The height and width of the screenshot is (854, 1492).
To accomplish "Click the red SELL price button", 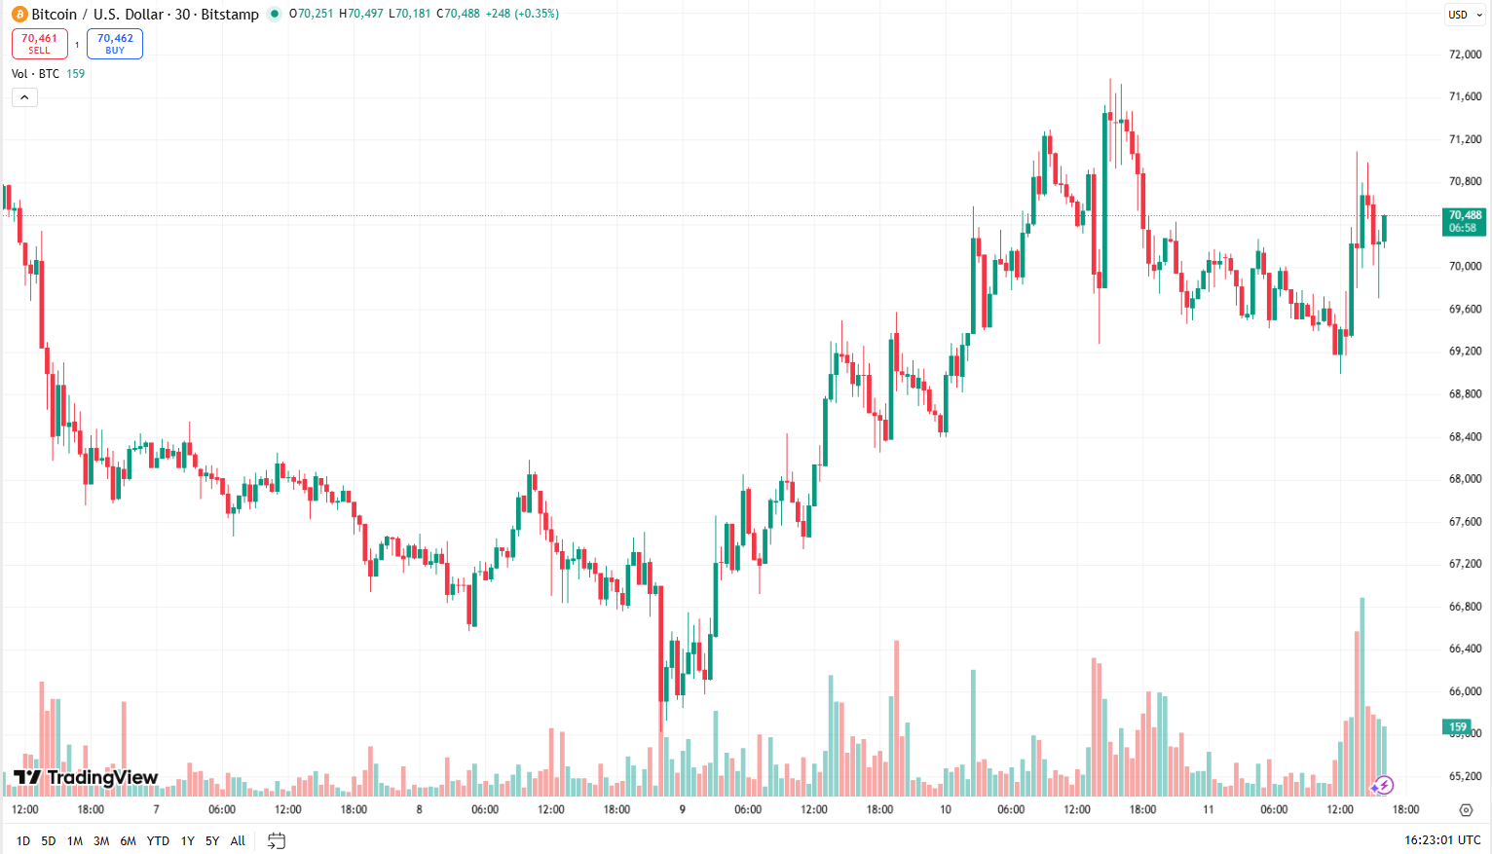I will coord(39,44).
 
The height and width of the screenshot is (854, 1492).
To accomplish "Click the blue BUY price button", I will coord(115,44).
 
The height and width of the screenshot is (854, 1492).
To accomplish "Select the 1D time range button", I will coord(23,840).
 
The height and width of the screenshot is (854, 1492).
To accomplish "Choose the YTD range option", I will coord(158,840).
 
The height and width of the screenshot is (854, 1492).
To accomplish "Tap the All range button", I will coord(238,840).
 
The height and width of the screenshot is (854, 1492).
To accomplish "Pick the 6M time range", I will coord(128,840).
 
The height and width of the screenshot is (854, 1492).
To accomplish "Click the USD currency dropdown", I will coord(1463,15).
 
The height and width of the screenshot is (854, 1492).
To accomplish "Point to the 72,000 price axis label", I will coord(1465,55).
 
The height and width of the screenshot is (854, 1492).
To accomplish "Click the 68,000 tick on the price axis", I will coord(1465,479).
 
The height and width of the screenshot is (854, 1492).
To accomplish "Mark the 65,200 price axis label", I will coord(1465,776).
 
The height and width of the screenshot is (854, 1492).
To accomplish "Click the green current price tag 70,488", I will coord(1464,221).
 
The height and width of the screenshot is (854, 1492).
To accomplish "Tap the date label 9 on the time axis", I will coord(682,809).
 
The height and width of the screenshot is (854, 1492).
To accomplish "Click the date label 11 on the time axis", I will coord(1208,809).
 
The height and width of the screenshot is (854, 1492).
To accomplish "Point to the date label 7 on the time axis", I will coord(156,809).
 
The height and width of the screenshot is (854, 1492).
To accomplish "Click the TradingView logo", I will coord(86,777).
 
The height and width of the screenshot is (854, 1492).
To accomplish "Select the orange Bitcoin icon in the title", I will coord(19,15).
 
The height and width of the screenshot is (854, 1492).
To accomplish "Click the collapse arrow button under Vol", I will coord(24,97).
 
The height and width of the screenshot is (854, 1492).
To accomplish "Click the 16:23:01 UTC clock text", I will coord(1442,840).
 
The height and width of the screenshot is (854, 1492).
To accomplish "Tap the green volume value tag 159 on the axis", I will coord(1457,726).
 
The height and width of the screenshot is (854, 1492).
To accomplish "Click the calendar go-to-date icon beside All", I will coord(277,840).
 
